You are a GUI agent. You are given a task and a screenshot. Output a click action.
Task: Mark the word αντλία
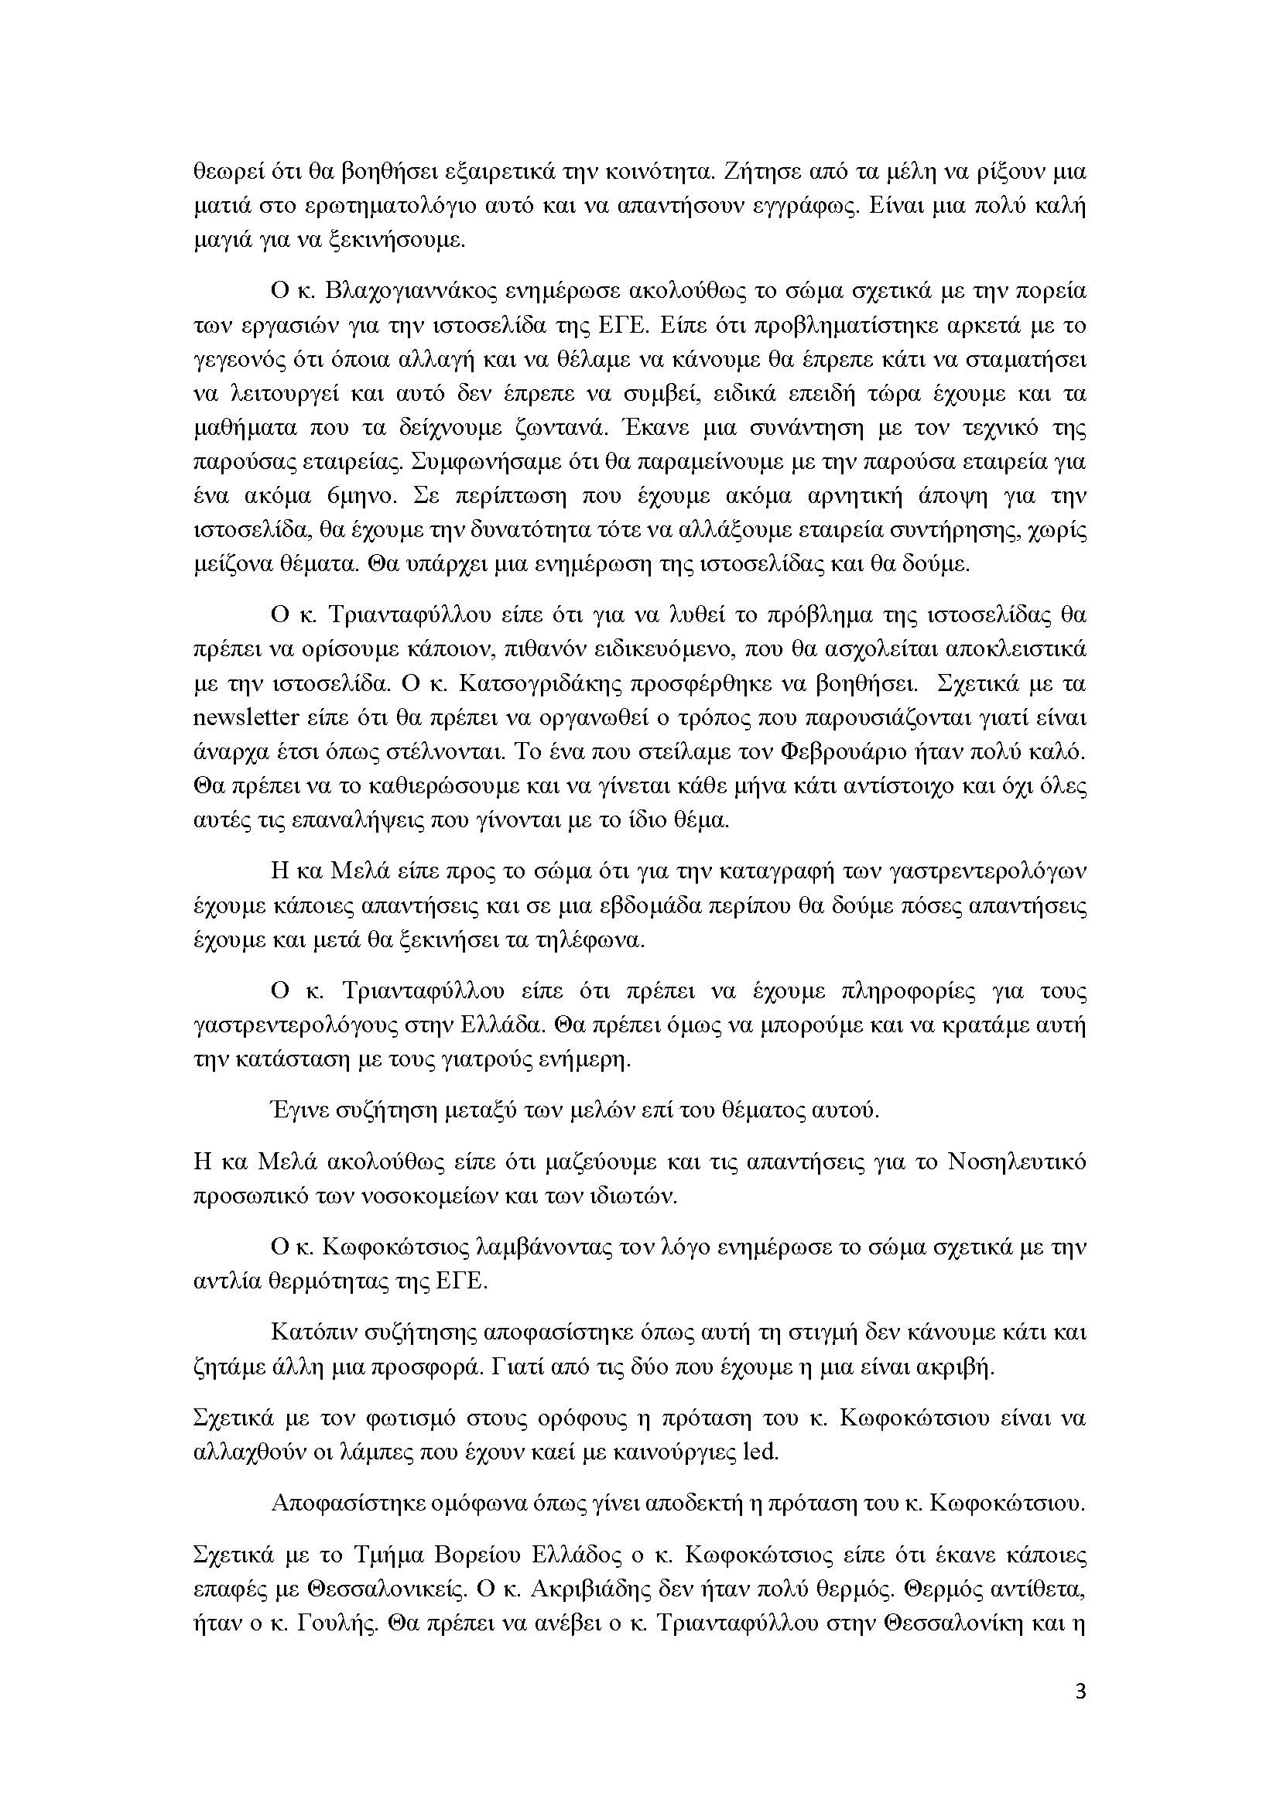pos(220,1281)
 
